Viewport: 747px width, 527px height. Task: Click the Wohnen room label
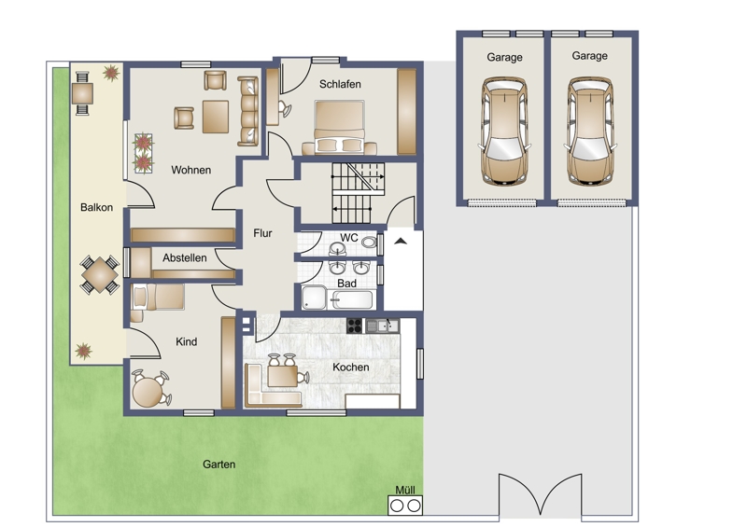[191, 170]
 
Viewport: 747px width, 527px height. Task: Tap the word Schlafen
[340, 84]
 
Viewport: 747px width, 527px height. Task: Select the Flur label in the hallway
[262, 233]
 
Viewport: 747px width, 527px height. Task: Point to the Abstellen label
[184, 258]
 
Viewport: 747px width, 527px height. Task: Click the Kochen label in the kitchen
[351, 368]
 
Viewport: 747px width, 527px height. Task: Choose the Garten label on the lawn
[219, 465]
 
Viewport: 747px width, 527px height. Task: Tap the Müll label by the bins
[405, 490]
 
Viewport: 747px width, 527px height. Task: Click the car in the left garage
[504, 131]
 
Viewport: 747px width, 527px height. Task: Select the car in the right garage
[590, 131]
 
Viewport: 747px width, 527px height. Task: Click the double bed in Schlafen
[339, 127]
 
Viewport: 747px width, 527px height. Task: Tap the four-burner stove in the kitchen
[354, 326]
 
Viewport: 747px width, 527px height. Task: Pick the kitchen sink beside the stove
[382, 326]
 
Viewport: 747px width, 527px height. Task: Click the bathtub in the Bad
[353, 300]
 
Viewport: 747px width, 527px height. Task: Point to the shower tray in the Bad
[314, 298]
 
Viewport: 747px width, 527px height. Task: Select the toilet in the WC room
[369, 242]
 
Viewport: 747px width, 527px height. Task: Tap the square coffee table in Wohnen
[216, 117]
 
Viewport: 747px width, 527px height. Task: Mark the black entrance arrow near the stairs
[401, 242]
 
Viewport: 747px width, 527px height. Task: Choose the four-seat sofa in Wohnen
[247, 111]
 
